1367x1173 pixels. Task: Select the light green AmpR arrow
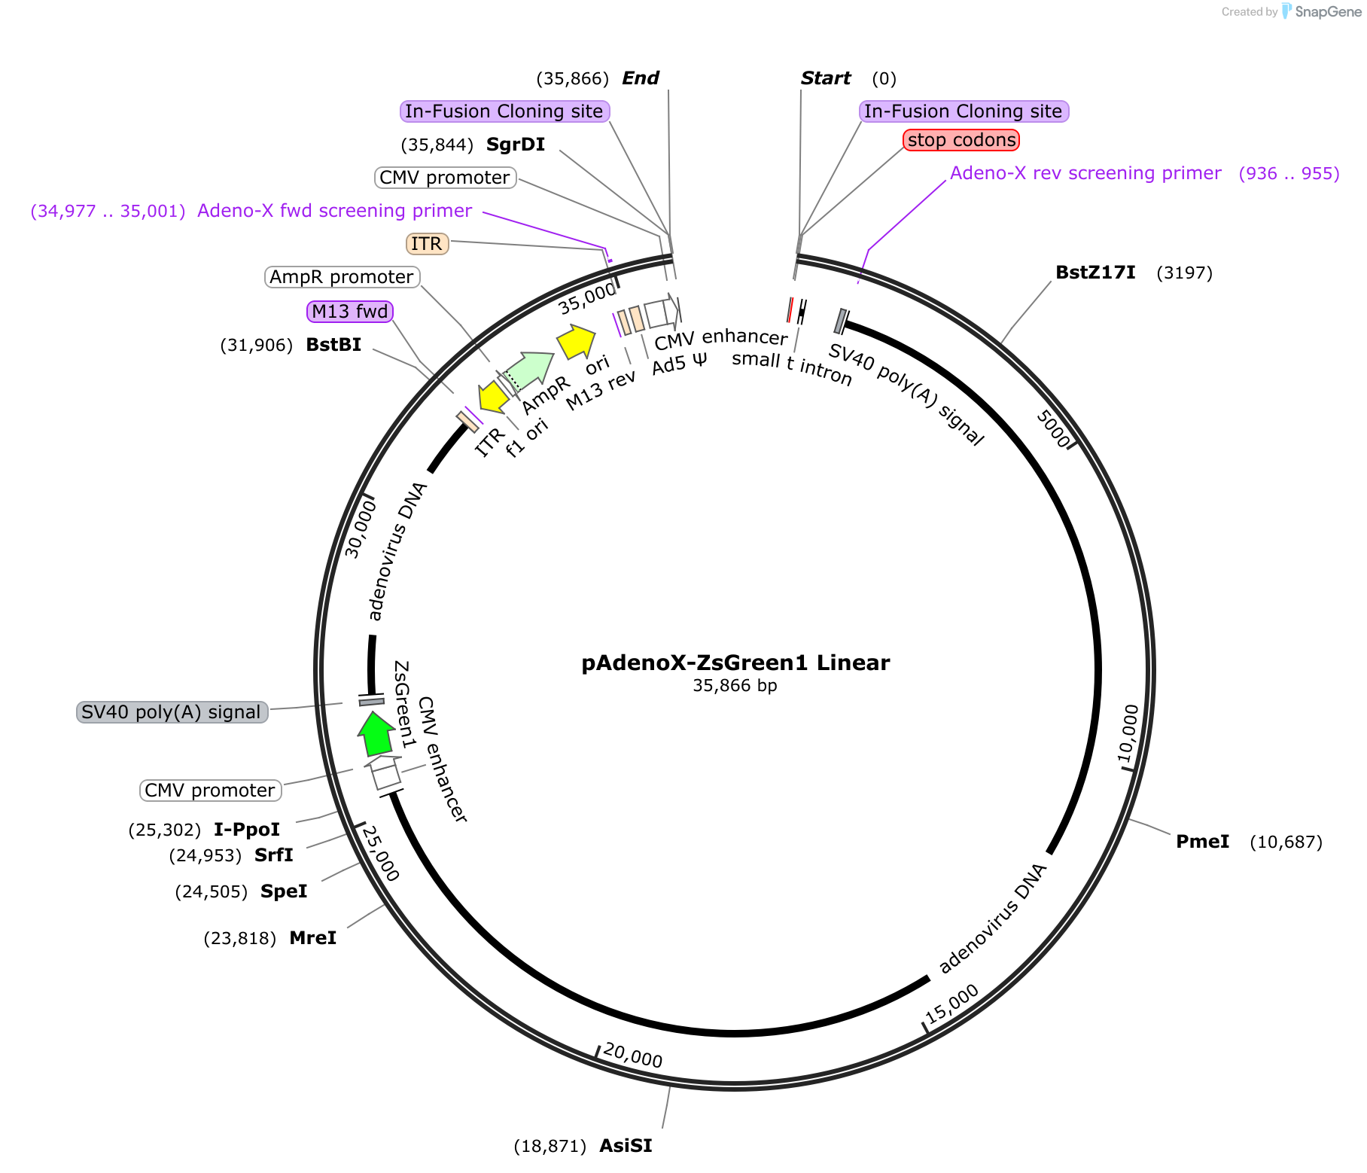528,371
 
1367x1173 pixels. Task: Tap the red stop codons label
961,140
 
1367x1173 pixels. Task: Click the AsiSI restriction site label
626,1146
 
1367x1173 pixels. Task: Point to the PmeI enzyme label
1202,842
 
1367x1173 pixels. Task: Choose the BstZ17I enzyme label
1095,273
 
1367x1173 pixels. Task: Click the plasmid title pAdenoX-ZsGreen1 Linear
735,663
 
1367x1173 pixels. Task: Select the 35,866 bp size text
735,686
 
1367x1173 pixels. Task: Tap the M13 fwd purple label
350,312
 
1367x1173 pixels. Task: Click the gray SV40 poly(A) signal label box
172,712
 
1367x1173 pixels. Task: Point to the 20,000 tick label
633,1055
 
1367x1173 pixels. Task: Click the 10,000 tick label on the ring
1128,734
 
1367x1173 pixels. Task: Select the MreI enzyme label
312,938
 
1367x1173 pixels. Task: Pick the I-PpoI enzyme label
247,830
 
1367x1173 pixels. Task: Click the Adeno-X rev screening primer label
1085,173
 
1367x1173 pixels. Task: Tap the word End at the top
641,78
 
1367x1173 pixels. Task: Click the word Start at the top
826,78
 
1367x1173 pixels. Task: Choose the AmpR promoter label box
342,277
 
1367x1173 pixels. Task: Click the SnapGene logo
1322,11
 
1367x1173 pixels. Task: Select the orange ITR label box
427,244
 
